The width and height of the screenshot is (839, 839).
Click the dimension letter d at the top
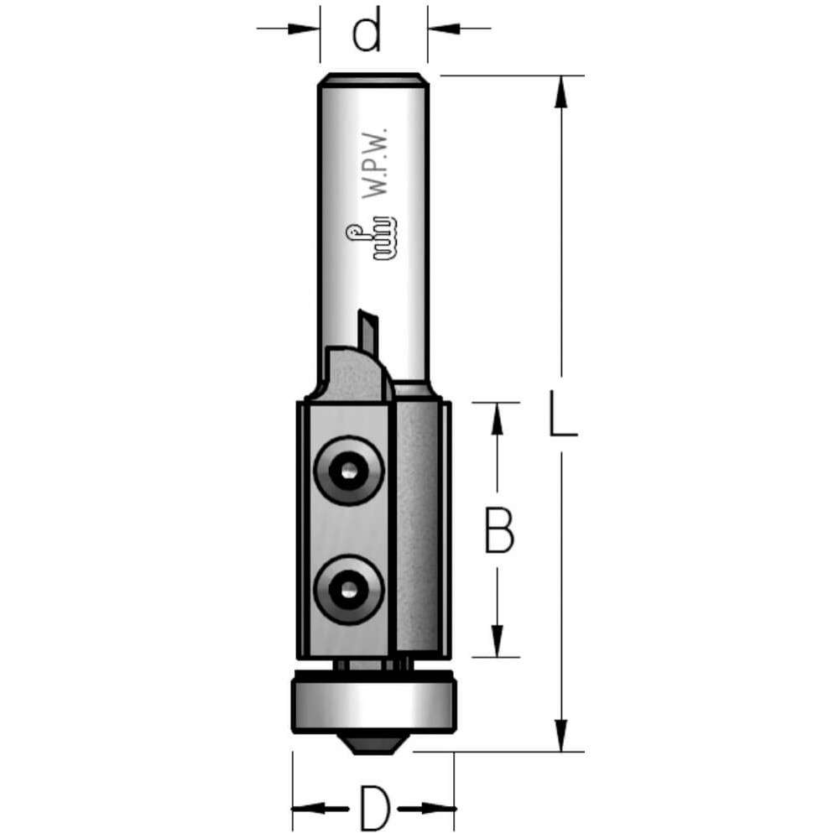pyautogui.click(x=367, y=29)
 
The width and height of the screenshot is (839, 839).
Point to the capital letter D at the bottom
pyautogui.click(x=374, y=808)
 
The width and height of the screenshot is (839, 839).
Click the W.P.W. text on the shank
pyautogui.click(x=374, y=164)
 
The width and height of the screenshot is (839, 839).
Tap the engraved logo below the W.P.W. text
pyautogui.click(x=372, y=238)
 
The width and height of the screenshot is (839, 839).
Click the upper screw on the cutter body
pyautogui.click(x=349, y=471)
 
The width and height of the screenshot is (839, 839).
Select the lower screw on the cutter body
pyautogui.click(x=349, y=590)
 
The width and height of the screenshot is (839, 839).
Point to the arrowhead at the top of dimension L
pyautogui.click(x=560, y=92)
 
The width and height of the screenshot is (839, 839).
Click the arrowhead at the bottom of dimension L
pyautogui.click(x=560, y=735)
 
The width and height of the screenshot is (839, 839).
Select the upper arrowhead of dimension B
pyautogui.click(x=498, y=419)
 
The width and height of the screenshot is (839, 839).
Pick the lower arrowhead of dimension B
pyautogui.click(x=498, y=640)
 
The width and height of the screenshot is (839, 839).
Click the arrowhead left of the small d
pyautogui.click(x=304, y=28)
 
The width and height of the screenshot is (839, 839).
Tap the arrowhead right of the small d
pyautogui.click(x=444, y=28)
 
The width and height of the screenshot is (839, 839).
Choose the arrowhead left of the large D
pyautogui.click(x=309, y=808)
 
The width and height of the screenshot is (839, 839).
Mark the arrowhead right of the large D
pyautogui.click(x=439, y=808)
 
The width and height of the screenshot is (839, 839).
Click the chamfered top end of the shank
pyautogui.click(x=373, y=79)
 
